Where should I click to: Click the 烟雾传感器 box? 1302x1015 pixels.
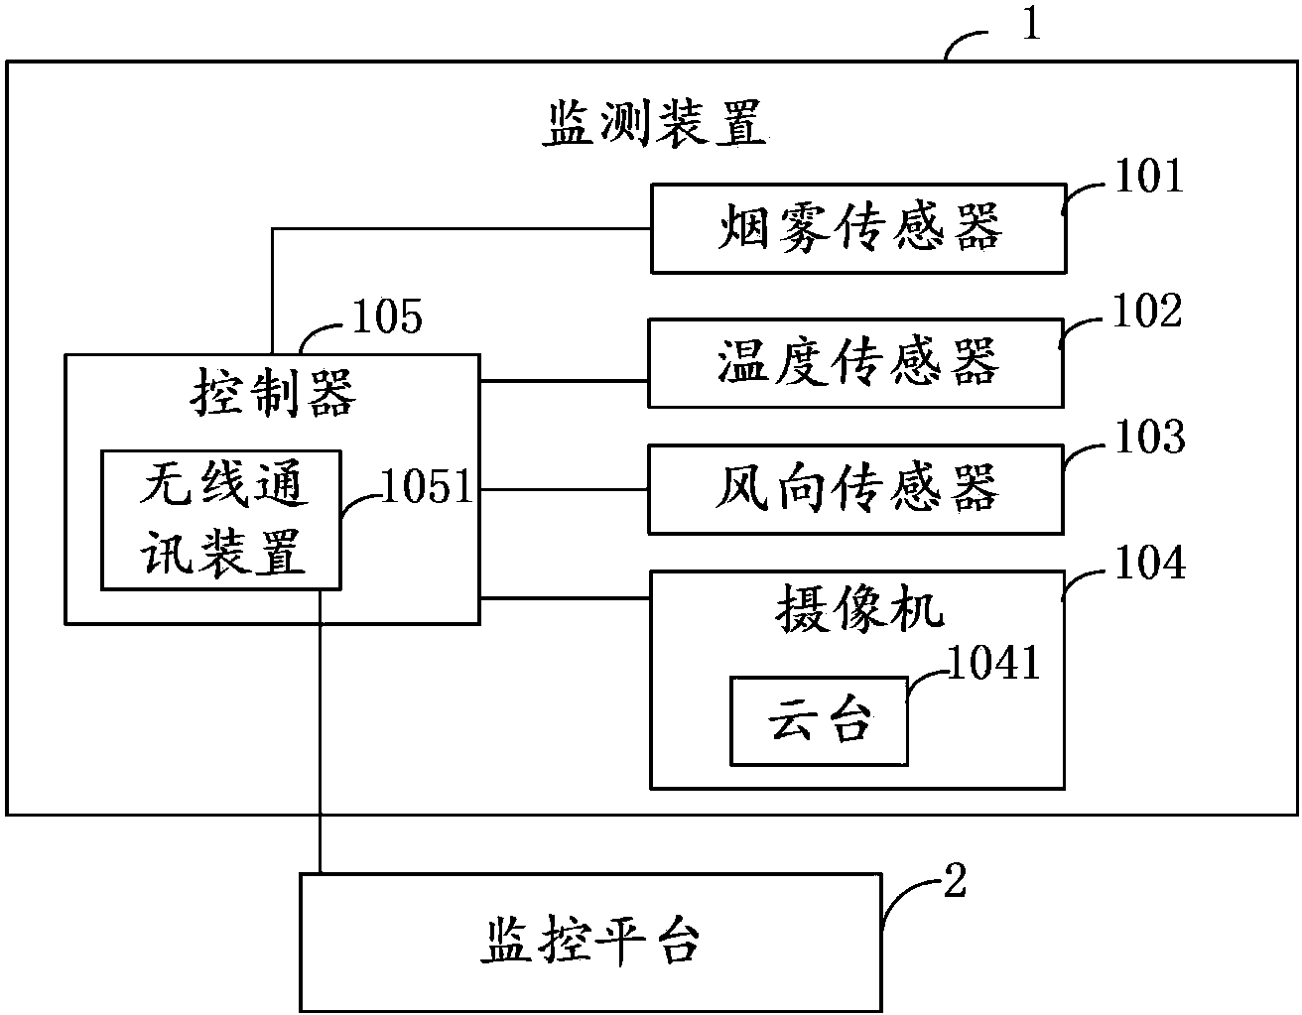pyautogui.click(x=857, y=228)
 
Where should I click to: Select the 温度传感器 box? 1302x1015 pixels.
pyautogui.click(x=855, y=363)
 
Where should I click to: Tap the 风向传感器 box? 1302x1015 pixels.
pyautogui.click(x=855, y=489)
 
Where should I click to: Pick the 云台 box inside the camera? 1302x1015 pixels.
pyautogui.click(x=819, y=721)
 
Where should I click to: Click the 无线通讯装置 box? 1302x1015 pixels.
pyautogui.click(x=221, y=520)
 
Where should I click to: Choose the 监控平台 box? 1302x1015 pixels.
pyautogui.click(x=590, y=940)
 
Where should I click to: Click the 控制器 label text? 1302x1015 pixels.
pyautogui.click(x=272, y=394)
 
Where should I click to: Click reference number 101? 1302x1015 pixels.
pyautogui.click(x=1149, y=179)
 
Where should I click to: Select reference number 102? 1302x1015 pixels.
pyautogui.click(x=1148, y=312)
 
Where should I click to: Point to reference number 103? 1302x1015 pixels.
pyautogui.click(x=1149, y=438)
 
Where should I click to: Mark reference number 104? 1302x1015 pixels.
pyautogui.click(x=1149, y=564)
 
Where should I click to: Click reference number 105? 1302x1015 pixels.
pyautogui.click(x=387, y=317)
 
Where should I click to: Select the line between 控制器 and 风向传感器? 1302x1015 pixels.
pyautogui.click(x=564, y=489)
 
